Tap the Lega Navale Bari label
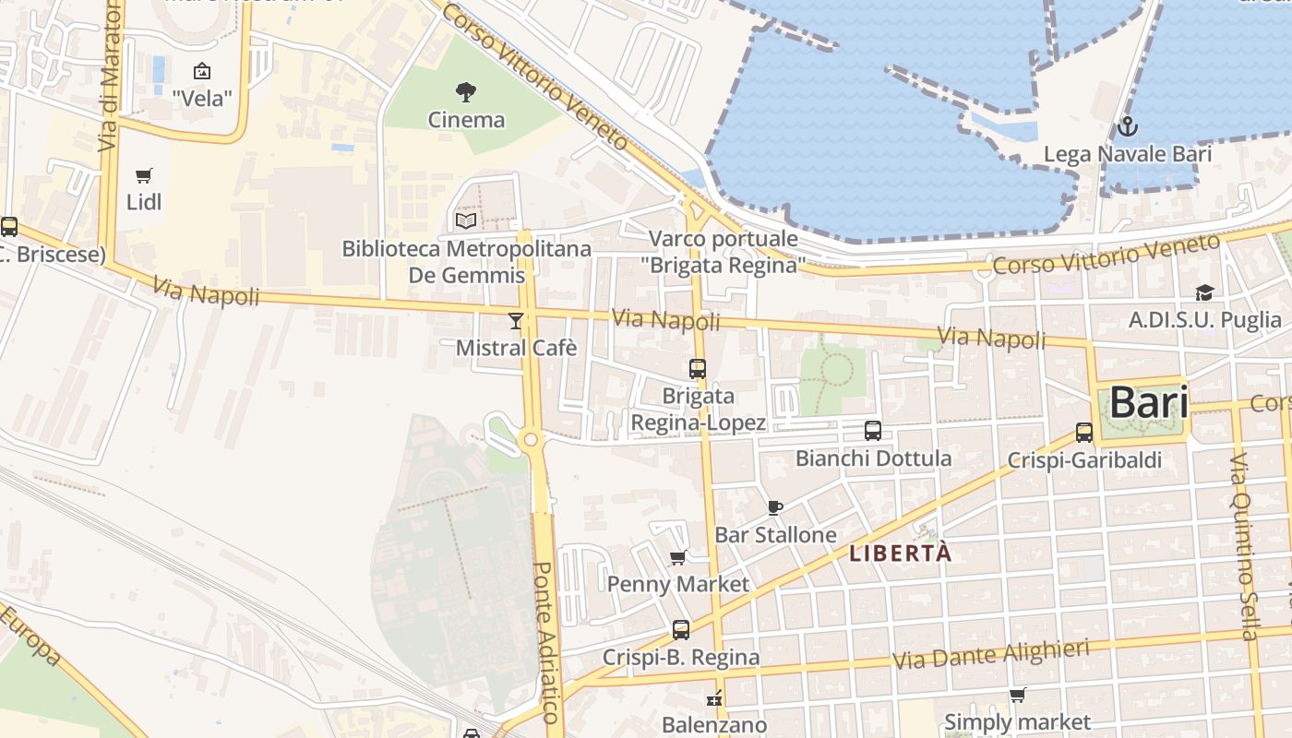click(x=1127, y=154)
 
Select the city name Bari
click(x=1148, y=402)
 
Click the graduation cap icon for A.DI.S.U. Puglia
click(x=1204, y=293)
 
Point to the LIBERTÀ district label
click(x=899, y=553)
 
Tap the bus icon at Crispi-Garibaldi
click(x=1084, y=432)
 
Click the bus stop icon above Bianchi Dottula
click(x=873, y=430)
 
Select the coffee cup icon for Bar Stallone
click(x=775, y=507)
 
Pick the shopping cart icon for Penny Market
click(x=678, y=557)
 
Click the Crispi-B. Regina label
click(x=681, y=657)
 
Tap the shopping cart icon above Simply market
click(x=1017, y=695)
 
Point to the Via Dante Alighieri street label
click(x=991, y=656)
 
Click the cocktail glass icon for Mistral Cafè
click(x=515, y=321)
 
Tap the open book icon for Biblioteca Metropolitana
click(x=466, y=220)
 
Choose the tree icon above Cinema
click(x=466, y=91)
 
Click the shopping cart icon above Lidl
click(x=143, y=175)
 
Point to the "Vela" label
click(x=201, y=98)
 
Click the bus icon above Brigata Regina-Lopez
click(x=698, y=369)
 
